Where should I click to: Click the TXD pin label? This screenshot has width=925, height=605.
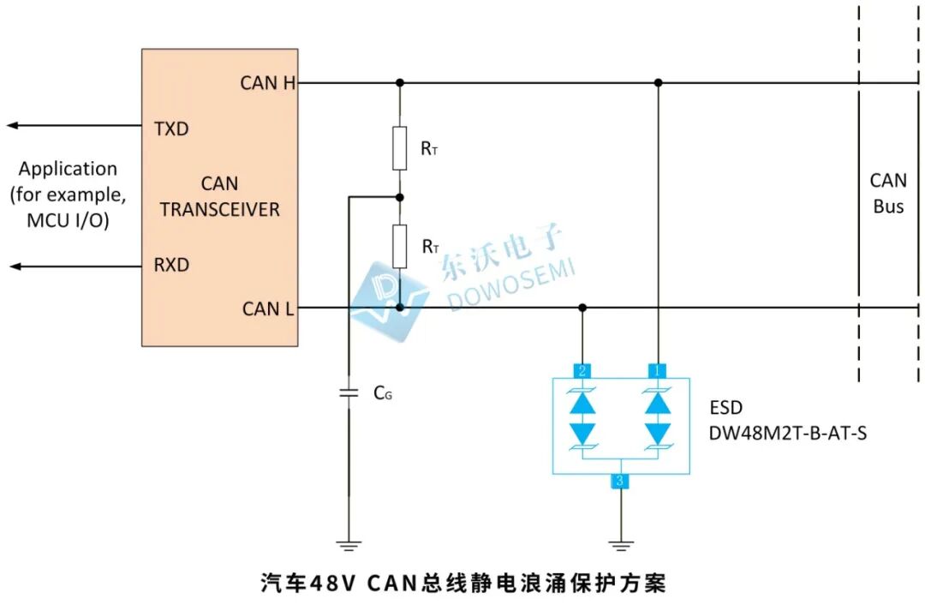[170, 129]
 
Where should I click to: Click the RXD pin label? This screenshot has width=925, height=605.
[170, 265]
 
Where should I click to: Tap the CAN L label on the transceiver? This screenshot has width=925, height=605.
[268, 308]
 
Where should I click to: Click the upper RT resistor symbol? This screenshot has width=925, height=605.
[400, 147]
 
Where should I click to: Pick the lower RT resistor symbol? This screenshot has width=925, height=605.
[400, 246]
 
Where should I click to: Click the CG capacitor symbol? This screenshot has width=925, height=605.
[349, 393]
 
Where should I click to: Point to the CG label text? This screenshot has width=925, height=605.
[383, 394]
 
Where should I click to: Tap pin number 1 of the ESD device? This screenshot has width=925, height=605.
[658, 370]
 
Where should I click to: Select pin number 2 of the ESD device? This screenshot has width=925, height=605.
[582, 370]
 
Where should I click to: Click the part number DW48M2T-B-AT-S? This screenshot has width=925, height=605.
[787, 433]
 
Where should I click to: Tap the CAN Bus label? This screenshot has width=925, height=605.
[888, 194]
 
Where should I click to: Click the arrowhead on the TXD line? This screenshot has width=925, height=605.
[12, 126]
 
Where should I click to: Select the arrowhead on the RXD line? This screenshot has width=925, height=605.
[12, 267]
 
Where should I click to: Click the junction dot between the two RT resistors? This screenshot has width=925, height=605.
[400, 197]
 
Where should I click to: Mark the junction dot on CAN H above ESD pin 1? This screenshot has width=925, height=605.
[658, 83]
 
